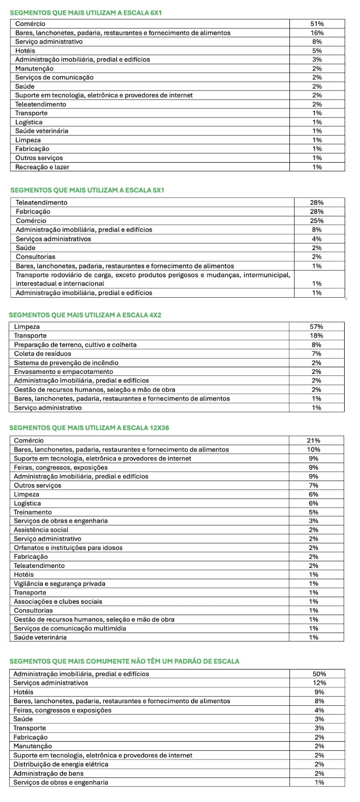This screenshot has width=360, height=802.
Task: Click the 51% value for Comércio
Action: click(x=317, y=24)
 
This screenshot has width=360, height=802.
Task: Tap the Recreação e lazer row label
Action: click(x=42, y=167)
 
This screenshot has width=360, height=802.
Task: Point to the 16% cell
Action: click(x=317, y=33)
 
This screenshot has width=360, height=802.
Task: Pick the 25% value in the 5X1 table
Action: click(x=317, y=220)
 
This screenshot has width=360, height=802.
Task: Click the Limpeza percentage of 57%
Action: click(x=317, y=327)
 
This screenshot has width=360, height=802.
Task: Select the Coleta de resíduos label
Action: click(x=42, y=353)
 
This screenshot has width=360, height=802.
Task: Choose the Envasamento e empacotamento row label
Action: click(x=63, y=371)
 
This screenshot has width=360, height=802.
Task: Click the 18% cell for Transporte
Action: click(x=317, y=336)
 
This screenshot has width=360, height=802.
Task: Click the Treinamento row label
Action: click(x=33, y=512)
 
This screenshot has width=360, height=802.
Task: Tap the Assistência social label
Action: click(x=41, y=530)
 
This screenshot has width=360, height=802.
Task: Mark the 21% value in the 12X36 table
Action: click(x=313, y=440)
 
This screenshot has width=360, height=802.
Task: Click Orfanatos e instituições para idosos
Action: click(x=68, y=548)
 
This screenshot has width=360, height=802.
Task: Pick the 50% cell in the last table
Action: click(x=320, y=674)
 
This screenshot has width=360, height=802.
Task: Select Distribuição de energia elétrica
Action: click(x=61, y=764)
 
